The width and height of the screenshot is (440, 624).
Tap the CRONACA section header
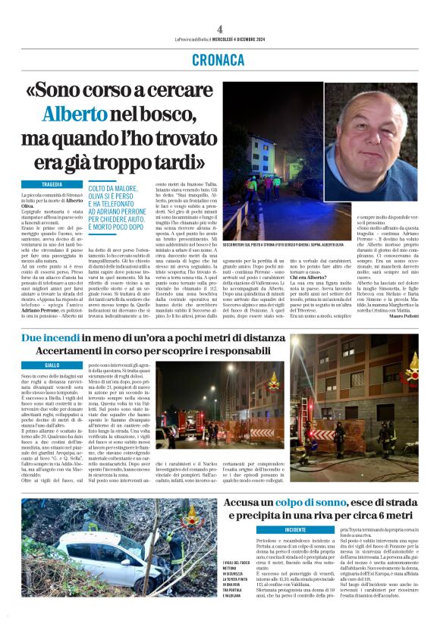pos(219,58)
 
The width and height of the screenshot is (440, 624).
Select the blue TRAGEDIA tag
pos(52,184)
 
